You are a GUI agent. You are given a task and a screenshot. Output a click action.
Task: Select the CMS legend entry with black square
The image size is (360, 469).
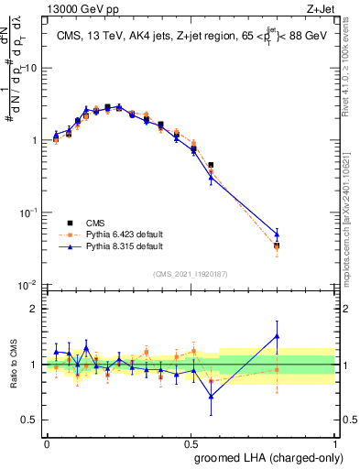(90, 223)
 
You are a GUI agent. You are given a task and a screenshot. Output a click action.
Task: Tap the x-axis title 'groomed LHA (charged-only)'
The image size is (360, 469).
(266, 457)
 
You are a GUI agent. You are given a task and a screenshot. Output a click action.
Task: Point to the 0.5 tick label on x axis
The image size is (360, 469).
(191, 443)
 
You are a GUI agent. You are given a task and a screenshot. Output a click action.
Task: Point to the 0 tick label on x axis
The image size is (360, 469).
(47, 443)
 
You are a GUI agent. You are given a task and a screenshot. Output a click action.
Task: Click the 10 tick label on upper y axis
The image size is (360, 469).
(30, 68)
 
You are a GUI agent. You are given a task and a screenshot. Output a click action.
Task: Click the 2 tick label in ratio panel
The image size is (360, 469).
(35, 309)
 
